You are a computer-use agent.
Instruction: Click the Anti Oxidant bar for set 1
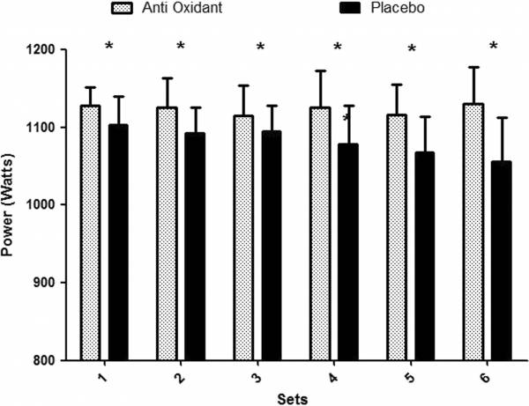91,233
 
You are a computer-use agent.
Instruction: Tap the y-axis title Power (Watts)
11,204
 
